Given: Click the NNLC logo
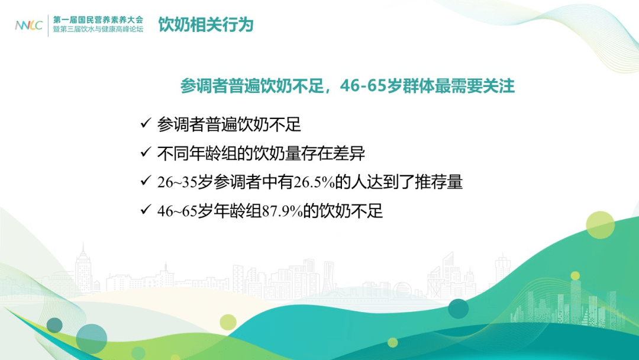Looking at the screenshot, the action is tap(28, 25).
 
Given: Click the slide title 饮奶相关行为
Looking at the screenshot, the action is tap(206, 24).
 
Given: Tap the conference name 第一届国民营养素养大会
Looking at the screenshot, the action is tap(98, 20).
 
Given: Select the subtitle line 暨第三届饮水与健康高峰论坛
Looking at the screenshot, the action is tap(98, 30).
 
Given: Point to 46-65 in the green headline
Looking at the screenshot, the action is tap(363, 86).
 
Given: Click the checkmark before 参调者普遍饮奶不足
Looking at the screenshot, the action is tap(146, 123).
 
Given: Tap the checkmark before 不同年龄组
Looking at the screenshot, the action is tap(146, 152).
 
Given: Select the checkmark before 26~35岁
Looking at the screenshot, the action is tap(146, 181).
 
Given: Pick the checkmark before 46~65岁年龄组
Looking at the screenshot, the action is tap(146, 210).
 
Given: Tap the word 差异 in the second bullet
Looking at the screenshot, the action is tap(349, 153).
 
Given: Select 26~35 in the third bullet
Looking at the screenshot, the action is tap(177, 182).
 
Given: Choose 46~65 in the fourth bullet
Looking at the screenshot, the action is tap(177, 211).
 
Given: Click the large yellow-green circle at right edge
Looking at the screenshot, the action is tap(601, 225).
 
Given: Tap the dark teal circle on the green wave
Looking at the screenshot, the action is tap(459, 308).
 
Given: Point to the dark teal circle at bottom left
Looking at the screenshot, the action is tap(54, 325).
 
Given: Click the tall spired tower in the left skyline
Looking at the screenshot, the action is tap(83, 267).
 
